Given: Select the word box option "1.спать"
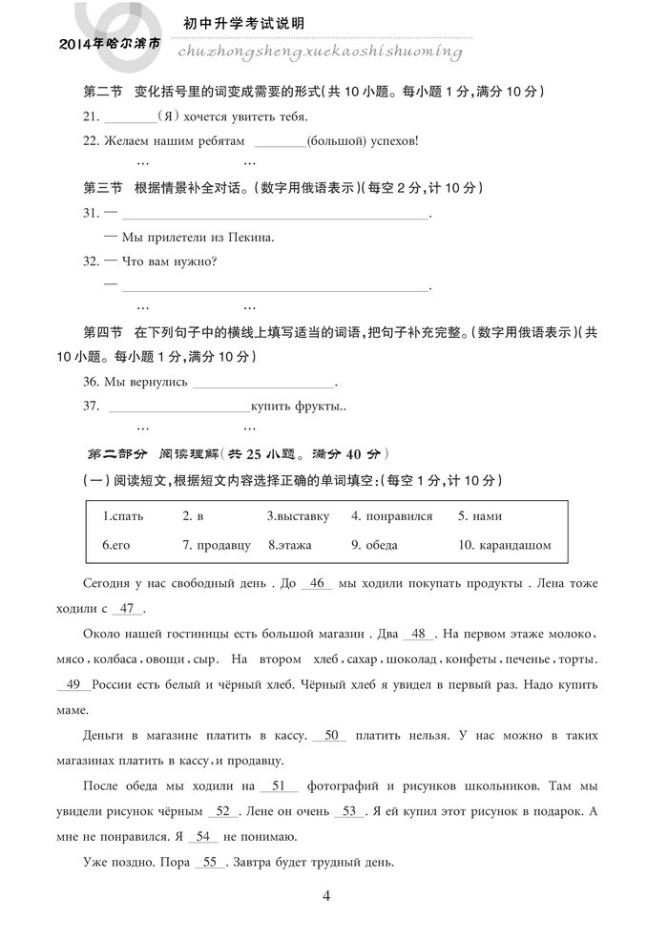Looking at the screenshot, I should point(123,516).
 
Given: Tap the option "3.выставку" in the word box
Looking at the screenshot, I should point(298,516).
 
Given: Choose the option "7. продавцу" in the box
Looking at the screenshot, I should point(217,545).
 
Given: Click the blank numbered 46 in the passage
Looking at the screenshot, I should point(318,582).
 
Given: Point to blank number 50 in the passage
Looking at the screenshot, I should point(332,735).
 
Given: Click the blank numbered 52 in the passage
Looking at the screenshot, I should point(222,811).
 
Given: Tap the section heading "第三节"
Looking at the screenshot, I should point(103,188).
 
